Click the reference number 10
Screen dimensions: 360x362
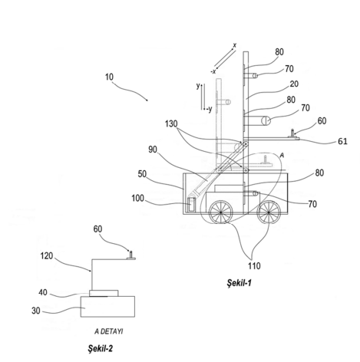109,77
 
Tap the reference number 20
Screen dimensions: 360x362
294,84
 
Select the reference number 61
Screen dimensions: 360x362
342,141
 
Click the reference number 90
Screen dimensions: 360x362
153,150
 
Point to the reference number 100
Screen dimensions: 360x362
137,198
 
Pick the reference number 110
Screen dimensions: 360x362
254,266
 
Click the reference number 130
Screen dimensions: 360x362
171,123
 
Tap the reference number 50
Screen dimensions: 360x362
142,174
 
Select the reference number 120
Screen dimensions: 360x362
47,255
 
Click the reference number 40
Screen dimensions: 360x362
43,292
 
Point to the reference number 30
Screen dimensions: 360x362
36,311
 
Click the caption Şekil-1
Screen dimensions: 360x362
239,283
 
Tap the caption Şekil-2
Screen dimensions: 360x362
101,348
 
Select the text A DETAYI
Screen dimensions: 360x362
109,331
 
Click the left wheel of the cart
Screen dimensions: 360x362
221,212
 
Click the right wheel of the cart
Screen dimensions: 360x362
269,212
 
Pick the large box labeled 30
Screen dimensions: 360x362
107,307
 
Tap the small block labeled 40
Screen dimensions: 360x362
104,293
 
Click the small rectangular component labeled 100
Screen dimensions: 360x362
191,204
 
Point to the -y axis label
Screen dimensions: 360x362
210,110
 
